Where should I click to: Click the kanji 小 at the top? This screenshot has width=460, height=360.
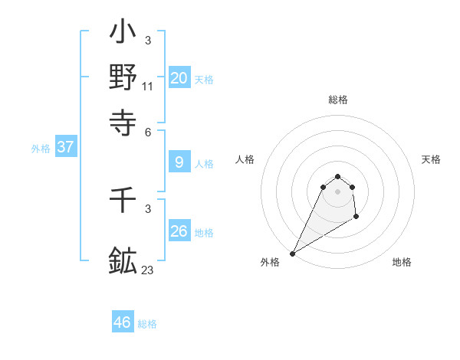pyautogui.click(x=123, y=34)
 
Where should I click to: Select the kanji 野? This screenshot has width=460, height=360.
pyautogui.click(x=123, y=77)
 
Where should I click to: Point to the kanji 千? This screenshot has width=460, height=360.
pyautogui.click(x=123, y=202)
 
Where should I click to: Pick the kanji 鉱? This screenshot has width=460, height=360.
pyautogui.click(x=123, y=260)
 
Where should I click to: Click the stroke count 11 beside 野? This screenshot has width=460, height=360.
pyautogui.click(x=148, y=87)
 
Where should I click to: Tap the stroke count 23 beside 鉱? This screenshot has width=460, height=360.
pyautogui.click(x=148, y=270)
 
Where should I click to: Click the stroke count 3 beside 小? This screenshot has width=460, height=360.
pyautogui.click(x=148, y=40)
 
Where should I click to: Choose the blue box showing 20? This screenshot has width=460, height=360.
pyautogui.click(x=179, y=78)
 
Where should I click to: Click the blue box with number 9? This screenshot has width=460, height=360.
pyautogui.click(x=179, y=162)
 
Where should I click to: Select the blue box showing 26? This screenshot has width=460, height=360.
pyautogui.click(x=179, y=231)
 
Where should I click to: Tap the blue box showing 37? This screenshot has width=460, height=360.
pyautogui.click(x=65, y=148)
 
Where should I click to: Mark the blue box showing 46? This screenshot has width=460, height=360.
pyautogui.click(x=122, y=322)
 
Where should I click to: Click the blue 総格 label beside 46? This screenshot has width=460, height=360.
pyautogui.click(x=147, y=324)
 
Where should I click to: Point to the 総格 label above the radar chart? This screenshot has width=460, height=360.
pyautogui.click(x=337, y=100)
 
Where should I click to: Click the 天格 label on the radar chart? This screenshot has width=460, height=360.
pyautogui.click(x=431, y=159)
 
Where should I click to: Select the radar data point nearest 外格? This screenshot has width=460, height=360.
pyautogui.click(x=292, y=254)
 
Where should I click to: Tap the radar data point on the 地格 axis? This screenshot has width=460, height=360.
pyautogui.click(x=356, y=217)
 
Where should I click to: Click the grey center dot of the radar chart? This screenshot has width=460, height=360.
pyautogui.click(x=337, y=191)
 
